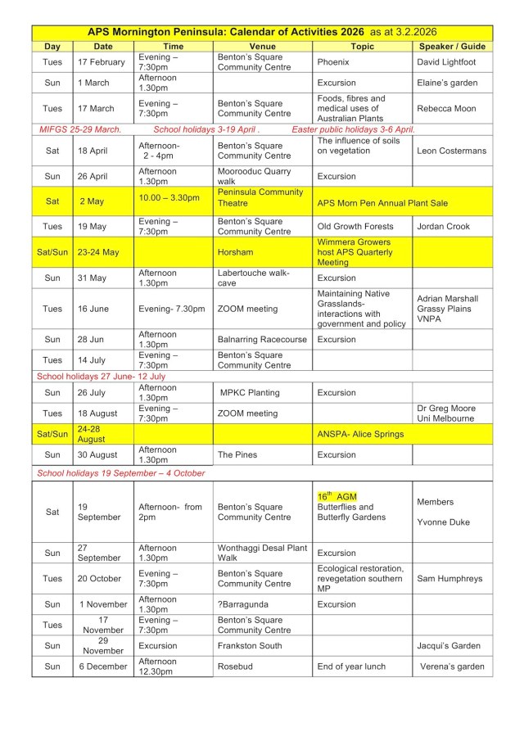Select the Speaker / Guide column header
451,47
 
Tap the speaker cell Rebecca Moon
448,109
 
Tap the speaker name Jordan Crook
445,226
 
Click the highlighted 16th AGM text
337,497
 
